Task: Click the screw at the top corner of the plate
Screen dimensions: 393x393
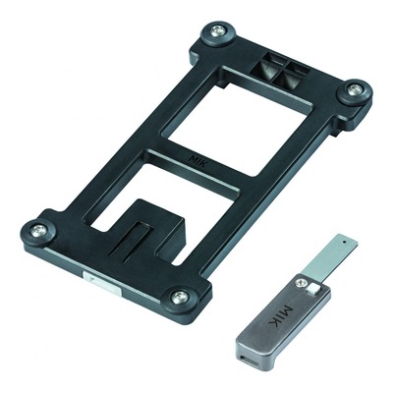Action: pos(216,31)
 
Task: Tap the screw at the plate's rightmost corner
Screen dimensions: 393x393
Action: pos(354,90)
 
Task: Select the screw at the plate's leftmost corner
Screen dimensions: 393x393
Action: pos(38,230)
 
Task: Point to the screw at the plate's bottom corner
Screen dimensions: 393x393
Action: pos(180,297)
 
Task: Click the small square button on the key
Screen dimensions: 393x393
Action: pos(313,289)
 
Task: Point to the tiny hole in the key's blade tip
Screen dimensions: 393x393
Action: pos(345,243)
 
